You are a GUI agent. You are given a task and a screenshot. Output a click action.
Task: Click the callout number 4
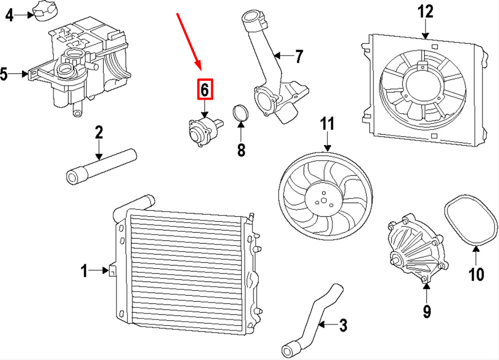9,15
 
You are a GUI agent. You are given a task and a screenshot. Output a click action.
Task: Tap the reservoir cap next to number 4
44,10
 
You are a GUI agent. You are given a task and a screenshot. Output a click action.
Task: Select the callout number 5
4,74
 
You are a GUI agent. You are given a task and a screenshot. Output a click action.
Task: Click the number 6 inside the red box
205,89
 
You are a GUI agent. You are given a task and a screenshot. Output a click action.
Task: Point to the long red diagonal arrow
189,41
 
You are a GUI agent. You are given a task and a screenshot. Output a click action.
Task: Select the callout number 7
298,56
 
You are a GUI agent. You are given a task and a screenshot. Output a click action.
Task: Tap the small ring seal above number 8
241,113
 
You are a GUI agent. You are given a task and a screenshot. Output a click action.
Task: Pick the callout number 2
99,132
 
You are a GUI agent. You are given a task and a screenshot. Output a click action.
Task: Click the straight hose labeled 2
101,167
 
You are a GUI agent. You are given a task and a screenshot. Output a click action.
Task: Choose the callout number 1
84,271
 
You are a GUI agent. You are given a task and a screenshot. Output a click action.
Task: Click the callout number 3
343,325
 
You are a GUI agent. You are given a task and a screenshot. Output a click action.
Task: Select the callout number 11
327,124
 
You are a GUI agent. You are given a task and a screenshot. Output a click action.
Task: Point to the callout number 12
425,12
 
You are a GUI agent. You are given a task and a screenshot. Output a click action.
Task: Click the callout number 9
427,311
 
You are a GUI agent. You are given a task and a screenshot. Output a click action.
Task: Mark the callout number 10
477,274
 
